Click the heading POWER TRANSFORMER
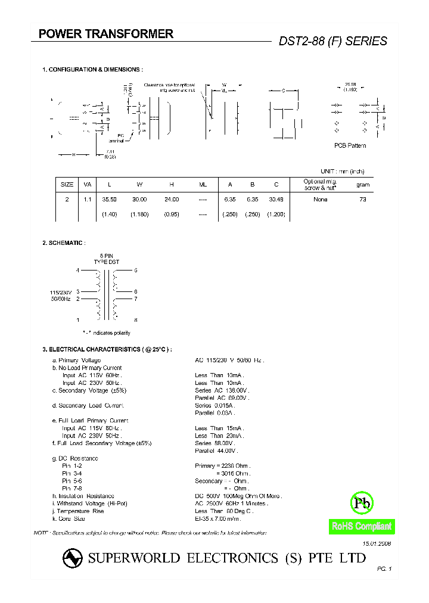106,34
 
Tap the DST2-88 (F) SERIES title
333,41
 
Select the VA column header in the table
87,185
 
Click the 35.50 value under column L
109,199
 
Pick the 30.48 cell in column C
276,199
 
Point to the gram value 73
363,199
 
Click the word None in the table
321,199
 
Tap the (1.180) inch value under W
139,214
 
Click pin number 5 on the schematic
136,271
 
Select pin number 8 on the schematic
136,320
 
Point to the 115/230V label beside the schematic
61,292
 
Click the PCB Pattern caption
350,145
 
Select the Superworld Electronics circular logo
72,558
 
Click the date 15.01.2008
378,544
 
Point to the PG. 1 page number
384,570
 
